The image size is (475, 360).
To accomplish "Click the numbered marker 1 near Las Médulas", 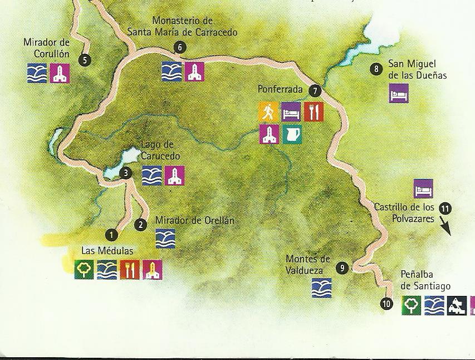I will point(112,235).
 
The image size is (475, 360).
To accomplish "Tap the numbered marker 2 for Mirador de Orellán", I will point(140,225).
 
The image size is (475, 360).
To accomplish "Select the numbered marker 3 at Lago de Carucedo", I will point(126,173).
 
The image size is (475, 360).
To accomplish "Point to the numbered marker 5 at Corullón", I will point(85,60).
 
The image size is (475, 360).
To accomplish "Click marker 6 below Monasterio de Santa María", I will point(179,47).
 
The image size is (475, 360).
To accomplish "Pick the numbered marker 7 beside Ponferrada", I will point(315,90).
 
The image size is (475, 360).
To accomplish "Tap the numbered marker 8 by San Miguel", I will point(377,69).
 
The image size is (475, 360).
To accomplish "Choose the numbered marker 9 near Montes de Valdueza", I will point(342,268).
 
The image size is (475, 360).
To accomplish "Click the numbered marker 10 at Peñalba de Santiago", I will point(386,304).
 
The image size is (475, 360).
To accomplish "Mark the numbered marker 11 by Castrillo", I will point(445,208).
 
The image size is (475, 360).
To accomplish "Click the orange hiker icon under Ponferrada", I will point(268,112).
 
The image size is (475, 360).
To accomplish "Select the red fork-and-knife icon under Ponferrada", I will point(314,112).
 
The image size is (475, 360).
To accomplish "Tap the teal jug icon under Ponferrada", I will point(292,134).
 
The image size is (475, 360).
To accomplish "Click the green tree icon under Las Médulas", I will point(84,270).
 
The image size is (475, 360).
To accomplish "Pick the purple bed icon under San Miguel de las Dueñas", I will point(399,93).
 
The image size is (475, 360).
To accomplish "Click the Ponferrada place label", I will point(280,89).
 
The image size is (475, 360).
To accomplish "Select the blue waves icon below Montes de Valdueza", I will point(321,288).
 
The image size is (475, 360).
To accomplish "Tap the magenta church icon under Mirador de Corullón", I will point(60,73).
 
